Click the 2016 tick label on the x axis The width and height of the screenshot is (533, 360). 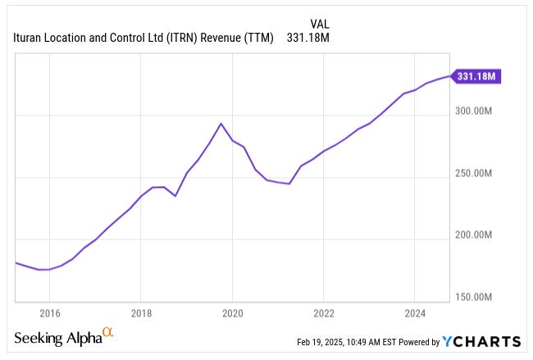[x=49, y=312]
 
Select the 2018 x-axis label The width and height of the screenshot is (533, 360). [x=141, y=312]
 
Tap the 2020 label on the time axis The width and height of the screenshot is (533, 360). [x=232, y=312]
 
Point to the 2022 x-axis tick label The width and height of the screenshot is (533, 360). [x=323, y=312]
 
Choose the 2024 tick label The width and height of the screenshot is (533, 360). [x=414, y=312]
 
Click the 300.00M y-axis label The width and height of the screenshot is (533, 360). [x=473, y=112]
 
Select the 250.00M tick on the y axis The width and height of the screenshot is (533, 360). [x=473, y=174]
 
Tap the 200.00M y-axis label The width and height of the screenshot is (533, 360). [x=473, y=235]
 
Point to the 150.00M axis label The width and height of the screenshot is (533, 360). [x=473, y=297]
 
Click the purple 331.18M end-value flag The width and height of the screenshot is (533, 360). [x=476, y=76]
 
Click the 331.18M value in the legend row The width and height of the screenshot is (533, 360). [x=308, y=38]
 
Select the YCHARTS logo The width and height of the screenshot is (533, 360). [x=481, y=341]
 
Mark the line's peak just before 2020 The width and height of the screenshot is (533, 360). [x=221, y=124]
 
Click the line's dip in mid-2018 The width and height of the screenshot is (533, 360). [x=175, y=196]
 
